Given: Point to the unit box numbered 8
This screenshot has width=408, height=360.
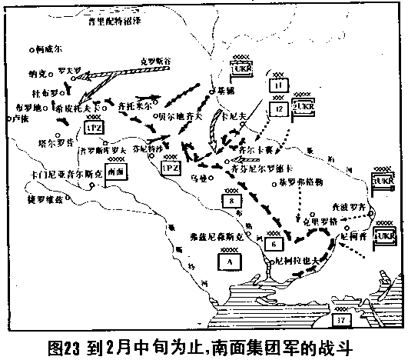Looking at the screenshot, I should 229,202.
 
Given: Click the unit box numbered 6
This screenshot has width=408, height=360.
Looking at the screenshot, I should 274,244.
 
